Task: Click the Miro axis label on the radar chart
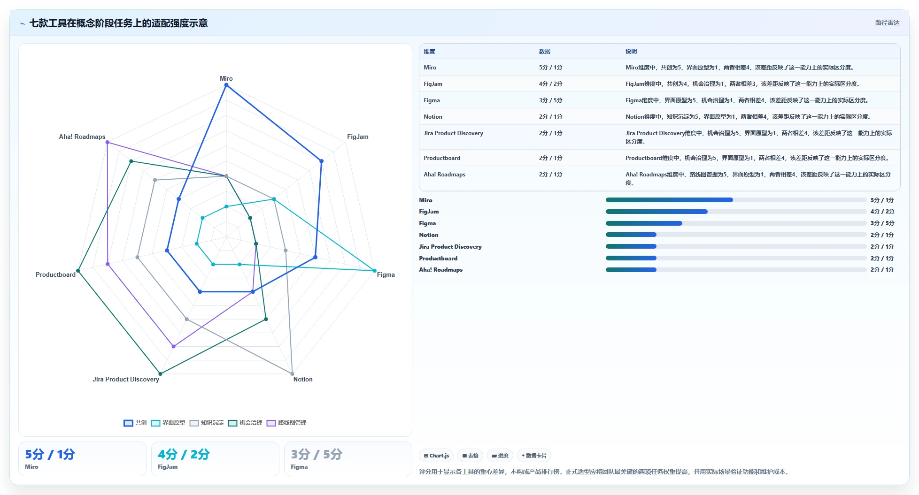coord(226,78)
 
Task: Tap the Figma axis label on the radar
coord(386,274)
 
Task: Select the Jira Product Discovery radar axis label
coord(126,379)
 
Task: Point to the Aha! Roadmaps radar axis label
coord(82,137)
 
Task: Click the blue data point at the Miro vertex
coord(226,85)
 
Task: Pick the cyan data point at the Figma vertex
coord(375,271)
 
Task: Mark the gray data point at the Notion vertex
coord(292,374)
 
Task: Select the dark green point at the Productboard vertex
coord(78,271)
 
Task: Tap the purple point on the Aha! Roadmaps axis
coord(107,142)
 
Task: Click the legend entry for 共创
coord(135,423)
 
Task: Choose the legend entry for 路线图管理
coord(286,423)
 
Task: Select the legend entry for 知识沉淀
coord(207,423)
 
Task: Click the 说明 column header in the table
coord(631,52)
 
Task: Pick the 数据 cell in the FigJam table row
coord(551,84)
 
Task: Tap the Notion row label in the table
coord(433,117)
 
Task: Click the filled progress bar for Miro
coord(669,200)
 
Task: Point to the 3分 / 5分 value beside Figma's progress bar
coord(882,223)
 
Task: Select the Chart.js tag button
coord(436,456)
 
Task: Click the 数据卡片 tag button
coord(534,456)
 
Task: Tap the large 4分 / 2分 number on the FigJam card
coord(184,454)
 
